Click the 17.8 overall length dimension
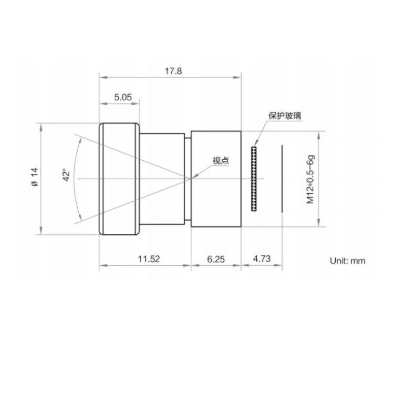pos(173,71)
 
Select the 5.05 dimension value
pos(123,97)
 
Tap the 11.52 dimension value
pos(149,259)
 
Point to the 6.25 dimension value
pos(216,259)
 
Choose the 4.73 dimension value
pos(262,258)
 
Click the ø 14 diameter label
pos(35,177)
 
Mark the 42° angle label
pos(66,175)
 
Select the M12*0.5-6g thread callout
pos(310,180)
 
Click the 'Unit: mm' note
pos(348,261)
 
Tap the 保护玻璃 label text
pos(285,116)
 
